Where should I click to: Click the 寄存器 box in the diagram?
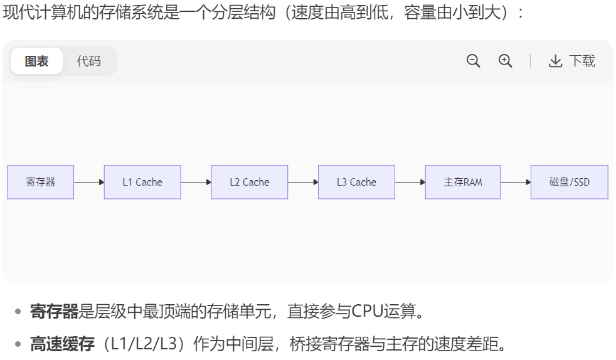click(x=40, y=182)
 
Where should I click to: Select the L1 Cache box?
click(x=142, y=182)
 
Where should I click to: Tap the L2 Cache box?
click(x=249, y=182)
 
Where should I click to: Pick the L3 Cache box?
click(x=356, y=182)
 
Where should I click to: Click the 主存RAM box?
click(x=463, y=182)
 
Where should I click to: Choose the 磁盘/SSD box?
click(x=569, y=182)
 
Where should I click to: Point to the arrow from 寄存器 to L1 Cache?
click(x=89, y=182)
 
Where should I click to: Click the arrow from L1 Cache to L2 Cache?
click(x=196, y=182)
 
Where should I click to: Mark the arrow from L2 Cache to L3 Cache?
click(x=303, y=182)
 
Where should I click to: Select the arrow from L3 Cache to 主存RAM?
click(x=410, y=182)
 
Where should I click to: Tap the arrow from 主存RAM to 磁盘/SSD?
click(x=516, y=182)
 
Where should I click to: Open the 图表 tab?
click(x=37, y=61)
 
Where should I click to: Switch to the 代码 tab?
click(x=88, y=61)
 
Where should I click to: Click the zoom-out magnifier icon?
click(x=474, y=61)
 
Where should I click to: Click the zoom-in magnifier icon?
click(x=506, y=61)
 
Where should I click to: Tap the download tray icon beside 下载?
click(x=555, y=61)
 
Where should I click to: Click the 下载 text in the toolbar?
click(x=582, y=61)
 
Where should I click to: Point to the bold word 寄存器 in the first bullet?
click(x=54, y=311)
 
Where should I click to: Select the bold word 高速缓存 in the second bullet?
click(x=62, y=344)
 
